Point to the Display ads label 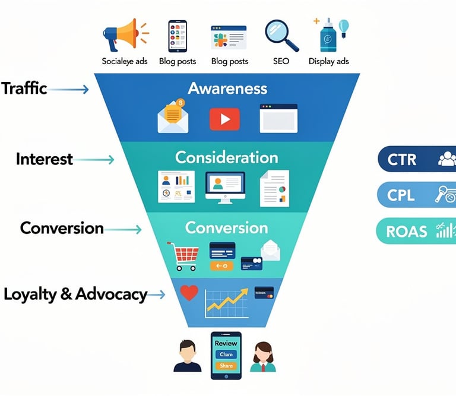coord(328,61)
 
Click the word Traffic coord(24,88)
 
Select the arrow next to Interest coord(95,159)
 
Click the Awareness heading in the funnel coord(227,88)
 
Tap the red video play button coord(224,119)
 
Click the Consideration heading coord(226,157)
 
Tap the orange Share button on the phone coord(226,366)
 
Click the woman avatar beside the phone coord(262,356)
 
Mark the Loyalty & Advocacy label coord(75,294)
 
